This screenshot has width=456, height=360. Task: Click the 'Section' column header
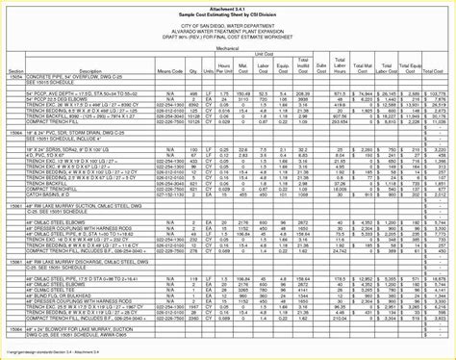tap(15, 72)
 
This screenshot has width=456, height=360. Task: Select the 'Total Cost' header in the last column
tap(437, 70)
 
